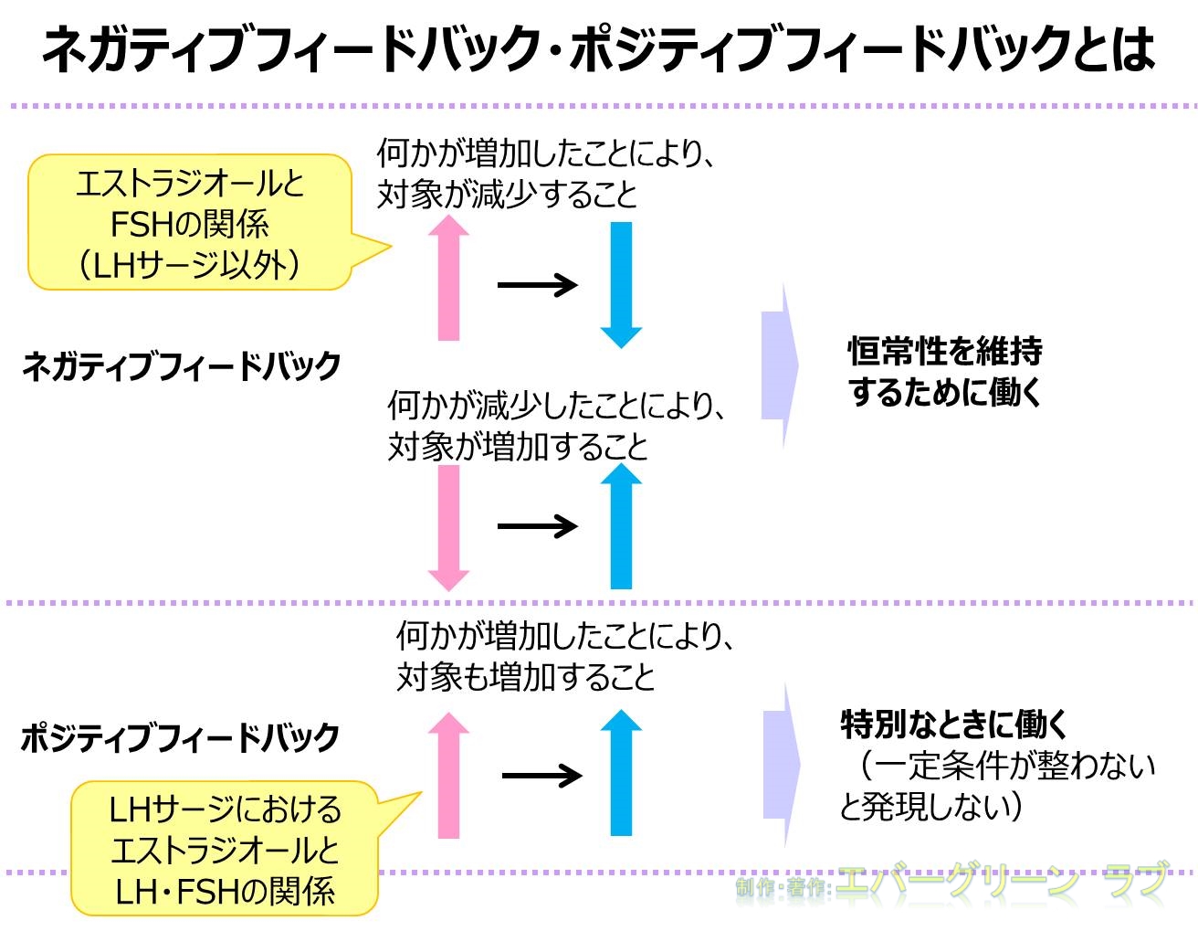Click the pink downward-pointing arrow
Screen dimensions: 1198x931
click(x=448, y=527)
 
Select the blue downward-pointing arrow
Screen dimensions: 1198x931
click(x=621, y=284)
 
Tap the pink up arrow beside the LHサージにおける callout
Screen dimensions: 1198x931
click(x=448, y=776)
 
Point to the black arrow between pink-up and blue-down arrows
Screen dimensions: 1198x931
click(x=537, y=285)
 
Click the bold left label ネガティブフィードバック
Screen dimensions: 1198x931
click(x=181, y=366)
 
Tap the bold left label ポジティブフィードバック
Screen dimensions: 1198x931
click(x=180, y=737)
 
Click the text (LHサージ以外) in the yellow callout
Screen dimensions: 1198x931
click(x=189, y=266)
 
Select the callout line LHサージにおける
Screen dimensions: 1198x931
click(x=225, y=809)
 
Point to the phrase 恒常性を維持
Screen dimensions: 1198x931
click(x=945, y=350)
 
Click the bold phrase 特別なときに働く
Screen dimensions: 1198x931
click(x=954, y=725)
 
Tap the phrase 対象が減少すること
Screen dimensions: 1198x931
click(x=508, y=195)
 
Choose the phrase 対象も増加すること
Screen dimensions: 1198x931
click(x=526, y=677)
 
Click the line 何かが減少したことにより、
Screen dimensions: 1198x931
click(x=558, y=404)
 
